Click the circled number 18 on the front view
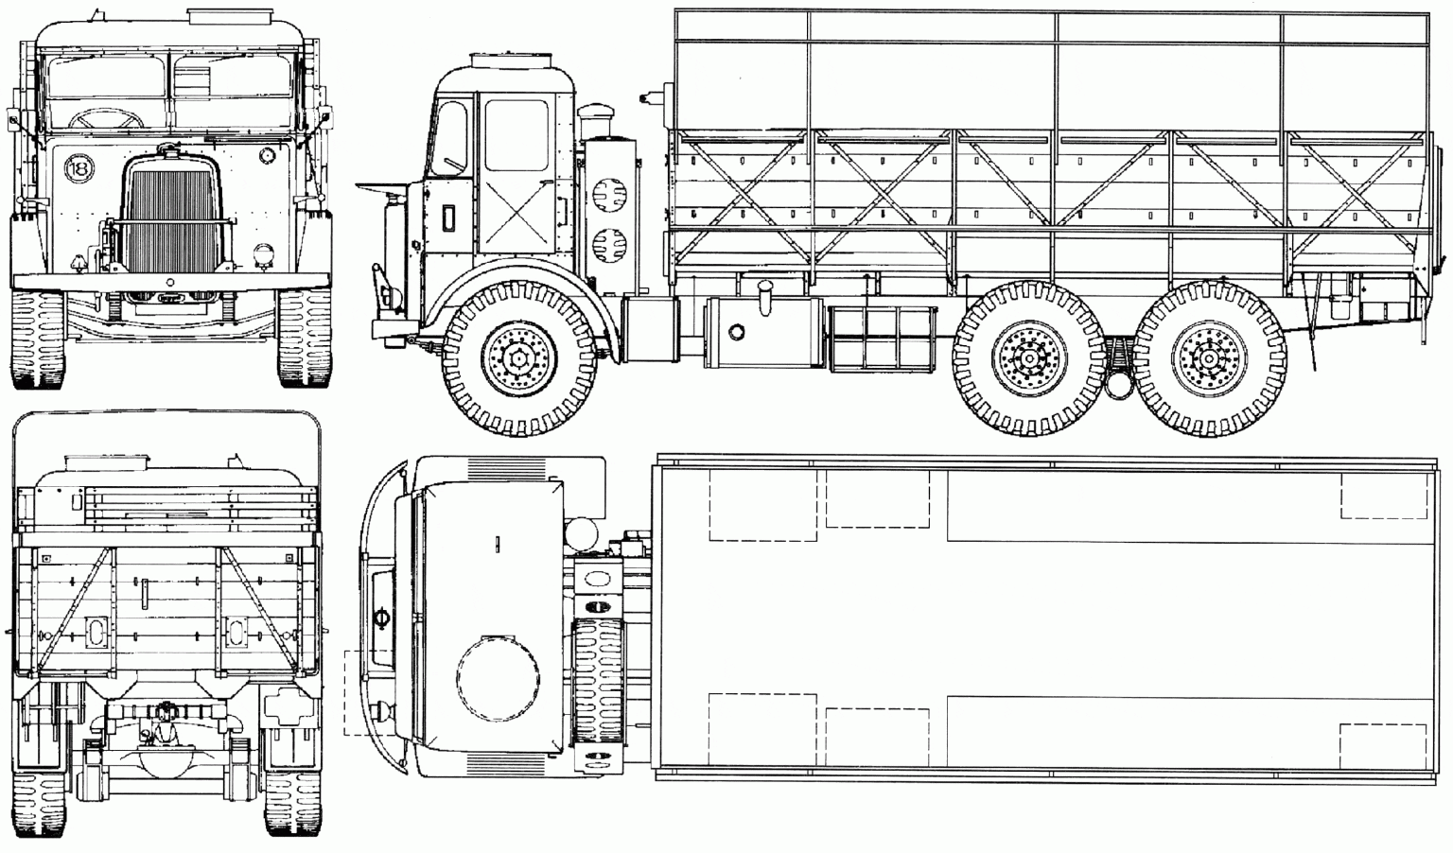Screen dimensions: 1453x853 point(79,169)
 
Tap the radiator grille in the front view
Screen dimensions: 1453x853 point(171,224)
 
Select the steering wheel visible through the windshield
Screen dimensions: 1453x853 point(106,118)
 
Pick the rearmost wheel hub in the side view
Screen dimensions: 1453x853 point(1209,358)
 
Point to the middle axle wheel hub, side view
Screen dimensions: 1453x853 point(1030,358)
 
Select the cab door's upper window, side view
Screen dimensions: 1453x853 point(516,135)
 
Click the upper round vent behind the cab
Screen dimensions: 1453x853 point(610,193)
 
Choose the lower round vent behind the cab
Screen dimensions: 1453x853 point(610,245)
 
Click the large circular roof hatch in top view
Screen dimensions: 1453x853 point(499,677)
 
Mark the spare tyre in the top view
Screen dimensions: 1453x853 point(598,680)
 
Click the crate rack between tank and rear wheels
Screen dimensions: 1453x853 point(883,338)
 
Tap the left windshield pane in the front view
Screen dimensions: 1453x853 point(107,78)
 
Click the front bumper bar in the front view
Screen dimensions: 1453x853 point(170,282)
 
